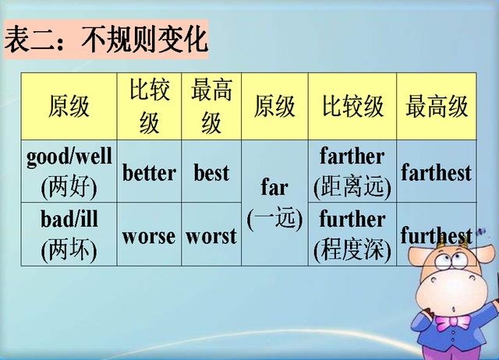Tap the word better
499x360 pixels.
click(x=149, y=172)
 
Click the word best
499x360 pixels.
click(x=211, y=172)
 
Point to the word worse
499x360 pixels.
click(x=149, y=235)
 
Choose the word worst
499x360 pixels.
click(x=211, y=235)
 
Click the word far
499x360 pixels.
click(x=274, y=188)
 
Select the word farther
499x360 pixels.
click(x=352, y=156)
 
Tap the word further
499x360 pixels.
click(x=352, y=219)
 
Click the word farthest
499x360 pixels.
click(x=436, y=172)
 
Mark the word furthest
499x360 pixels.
click(x=436, y=235)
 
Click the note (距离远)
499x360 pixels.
click(x=352, y=187)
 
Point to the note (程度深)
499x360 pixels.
click(x=352, y=250)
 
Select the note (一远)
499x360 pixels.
click(x=274, y=219)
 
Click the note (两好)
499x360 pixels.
click(x=69, y=187)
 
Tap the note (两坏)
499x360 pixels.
click(x=69, y=250)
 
